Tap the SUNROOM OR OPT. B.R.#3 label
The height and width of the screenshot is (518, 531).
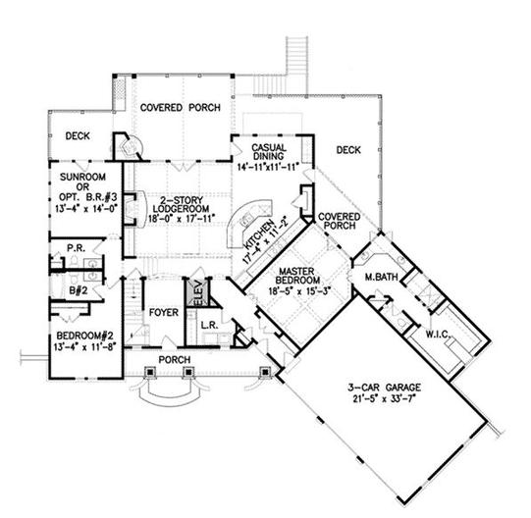coord(76,191)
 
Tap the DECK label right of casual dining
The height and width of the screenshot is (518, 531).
coord(349,150)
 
